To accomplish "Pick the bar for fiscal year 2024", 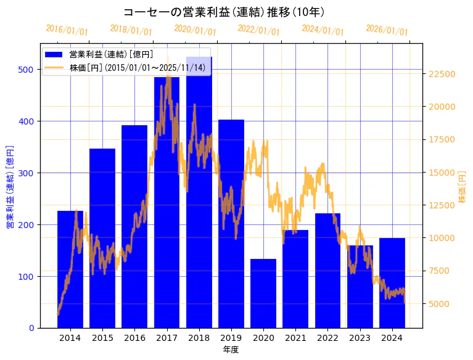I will coord(392,283).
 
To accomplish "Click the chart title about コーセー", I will coord(224,12).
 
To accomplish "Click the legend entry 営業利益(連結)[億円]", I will coord(111,55).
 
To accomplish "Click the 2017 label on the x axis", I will coord(167,338).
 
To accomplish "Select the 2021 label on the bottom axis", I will coord(295,338).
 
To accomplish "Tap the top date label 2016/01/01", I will coord(67,30).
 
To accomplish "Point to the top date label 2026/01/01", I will coord(387,30).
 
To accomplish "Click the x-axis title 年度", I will coord(231,350).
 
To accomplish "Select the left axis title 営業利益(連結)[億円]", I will coord(10,187).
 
